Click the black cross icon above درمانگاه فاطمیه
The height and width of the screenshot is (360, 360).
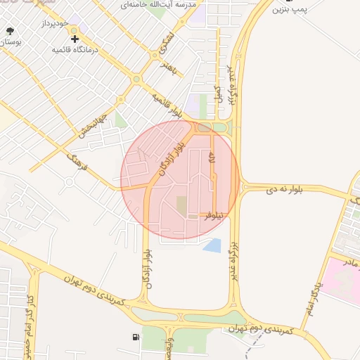click(x=75, y=39)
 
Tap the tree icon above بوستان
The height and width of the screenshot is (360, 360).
click(x=10, y=32)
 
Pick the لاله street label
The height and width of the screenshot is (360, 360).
click(x=212, y=162)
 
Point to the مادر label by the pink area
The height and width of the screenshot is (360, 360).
click(x=347, y=262)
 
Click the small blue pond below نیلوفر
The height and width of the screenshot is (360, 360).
click(x=212, y=245)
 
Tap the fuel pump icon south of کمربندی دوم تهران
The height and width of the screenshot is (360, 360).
click(x=135, y=337)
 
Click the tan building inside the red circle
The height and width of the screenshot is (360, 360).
click(x=181, y=206)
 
